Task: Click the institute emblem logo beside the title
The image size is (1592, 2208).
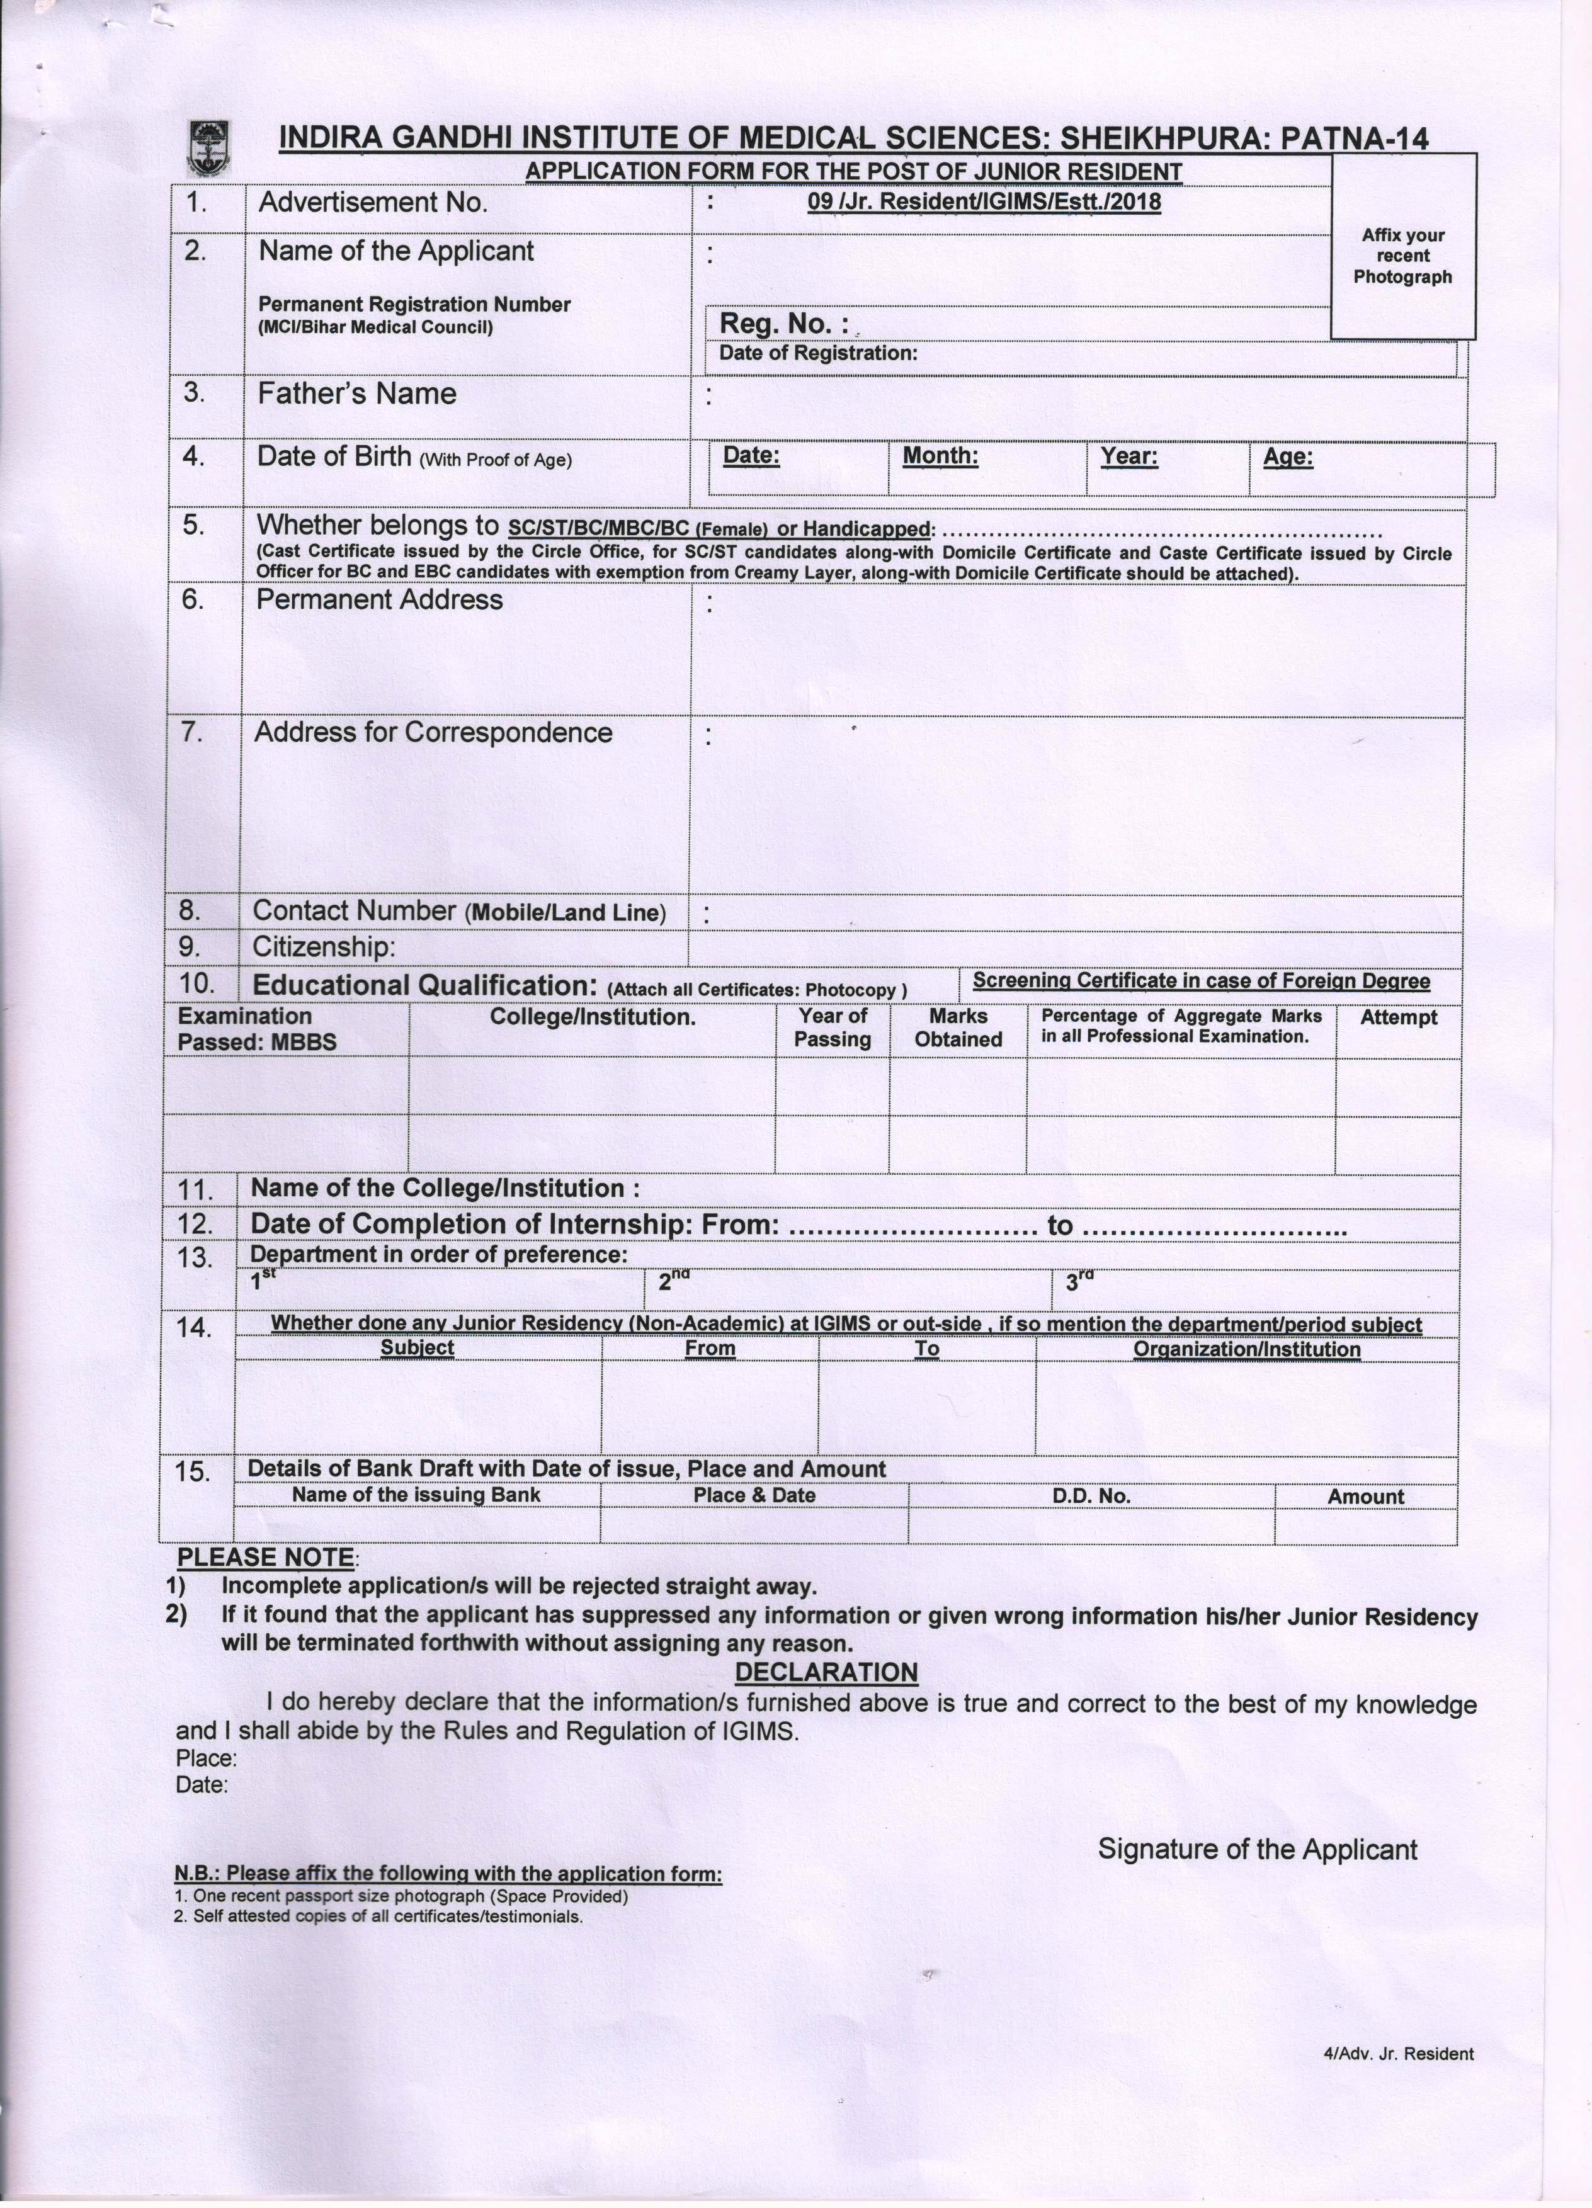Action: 207,146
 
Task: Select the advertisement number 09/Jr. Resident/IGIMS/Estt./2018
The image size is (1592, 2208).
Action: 984,203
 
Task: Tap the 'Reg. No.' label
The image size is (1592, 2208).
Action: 782,323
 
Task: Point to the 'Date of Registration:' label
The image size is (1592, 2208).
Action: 818,353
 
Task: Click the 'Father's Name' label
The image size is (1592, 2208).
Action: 356,394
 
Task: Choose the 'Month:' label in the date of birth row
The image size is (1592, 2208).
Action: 940,456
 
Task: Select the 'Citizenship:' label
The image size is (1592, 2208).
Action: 323,946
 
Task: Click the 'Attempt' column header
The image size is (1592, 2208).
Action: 1398,1017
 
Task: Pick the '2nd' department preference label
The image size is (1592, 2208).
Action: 673,1281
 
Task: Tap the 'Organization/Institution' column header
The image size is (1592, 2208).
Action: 1246,1349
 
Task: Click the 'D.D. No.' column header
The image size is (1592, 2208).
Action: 1091,1497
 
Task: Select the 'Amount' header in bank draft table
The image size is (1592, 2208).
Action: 1365,1497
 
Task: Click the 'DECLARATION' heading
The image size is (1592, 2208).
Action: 826,1673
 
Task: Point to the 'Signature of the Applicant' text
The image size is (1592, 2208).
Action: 1257,1850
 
